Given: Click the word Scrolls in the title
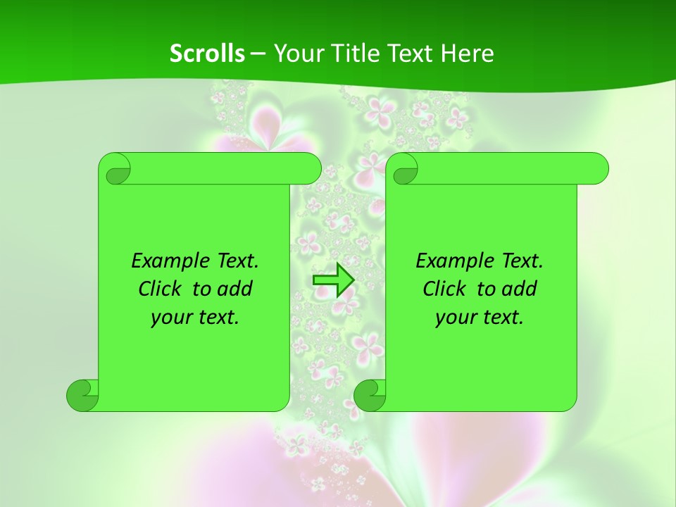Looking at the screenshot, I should coord(207,54).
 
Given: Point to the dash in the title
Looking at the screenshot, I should coord(258,54).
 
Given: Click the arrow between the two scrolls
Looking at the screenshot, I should coord(333,280).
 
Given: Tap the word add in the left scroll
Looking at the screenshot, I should coord(234,289).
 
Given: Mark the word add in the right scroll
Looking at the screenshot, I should coord(519,289).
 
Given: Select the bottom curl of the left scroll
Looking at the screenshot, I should coord(82,396).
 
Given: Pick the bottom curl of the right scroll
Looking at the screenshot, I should coord(370,396).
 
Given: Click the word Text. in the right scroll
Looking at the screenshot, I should coord(522,261).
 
